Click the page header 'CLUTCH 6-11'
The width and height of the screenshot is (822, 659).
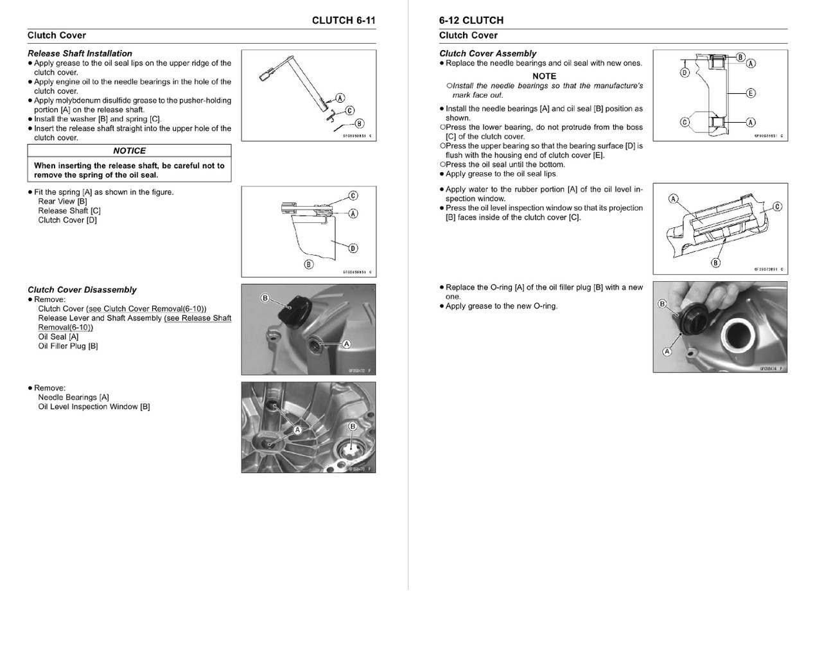[344, 21]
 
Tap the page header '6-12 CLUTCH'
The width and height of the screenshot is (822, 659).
[471, 21]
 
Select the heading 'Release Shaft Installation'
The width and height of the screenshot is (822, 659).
[80, 53]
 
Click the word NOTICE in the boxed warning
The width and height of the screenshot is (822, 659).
[129, 150]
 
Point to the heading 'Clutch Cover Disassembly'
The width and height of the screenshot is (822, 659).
[82, 290]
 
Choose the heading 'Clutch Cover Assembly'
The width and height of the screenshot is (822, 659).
[487, 53]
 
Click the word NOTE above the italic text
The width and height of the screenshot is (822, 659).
[544, 76]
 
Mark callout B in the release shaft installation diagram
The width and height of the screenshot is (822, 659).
[359, 124]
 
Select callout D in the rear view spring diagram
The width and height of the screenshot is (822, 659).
[353, 248]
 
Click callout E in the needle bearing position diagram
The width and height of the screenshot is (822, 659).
[751, 93]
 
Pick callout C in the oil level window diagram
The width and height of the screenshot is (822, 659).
[777, 207]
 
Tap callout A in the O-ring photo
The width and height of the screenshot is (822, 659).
[667, 352]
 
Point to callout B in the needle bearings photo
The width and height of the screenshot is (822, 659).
[352, 426]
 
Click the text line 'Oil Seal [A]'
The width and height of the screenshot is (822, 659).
[58, 337]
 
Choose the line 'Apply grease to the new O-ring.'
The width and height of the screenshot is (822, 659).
[502, 306]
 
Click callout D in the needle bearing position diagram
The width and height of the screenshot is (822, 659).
[685, 73]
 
